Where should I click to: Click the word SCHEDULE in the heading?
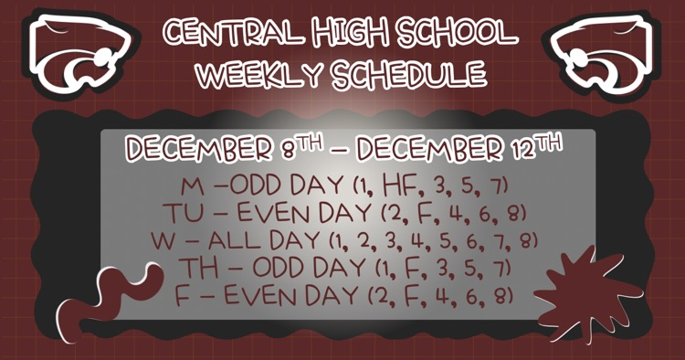tap(402, 75)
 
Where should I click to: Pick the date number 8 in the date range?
tap(290, 149)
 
